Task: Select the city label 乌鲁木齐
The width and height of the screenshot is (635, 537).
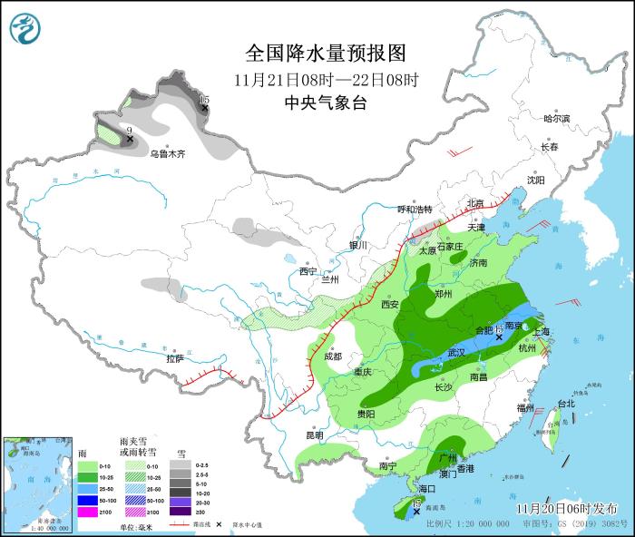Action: (167, 154)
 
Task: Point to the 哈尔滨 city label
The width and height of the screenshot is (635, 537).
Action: (556, 119)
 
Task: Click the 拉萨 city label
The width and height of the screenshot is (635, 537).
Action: (175, 358)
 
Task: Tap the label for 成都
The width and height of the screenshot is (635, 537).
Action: (335, 356)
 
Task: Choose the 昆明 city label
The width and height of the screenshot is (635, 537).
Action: (314, 434)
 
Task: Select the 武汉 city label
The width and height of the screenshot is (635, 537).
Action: (454, 352)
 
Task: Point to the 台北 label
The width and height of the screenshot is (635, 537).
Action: (565, 403)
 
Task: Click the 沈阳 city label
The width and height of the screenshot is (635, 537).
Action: (536, 180)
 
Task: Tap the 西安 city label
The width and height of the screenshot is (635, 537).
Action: (391, 305)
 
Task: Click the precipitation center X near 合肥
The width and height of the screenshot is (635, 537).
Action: (499, 337)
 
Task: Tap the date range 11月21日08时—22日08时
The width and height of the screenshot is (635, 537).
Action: (325, 79)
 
